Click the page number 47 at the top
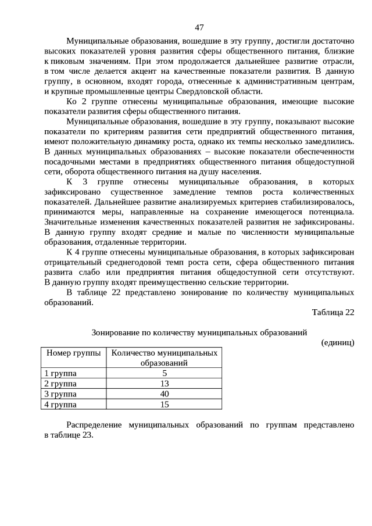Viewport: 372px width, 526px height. [x=199, y=27]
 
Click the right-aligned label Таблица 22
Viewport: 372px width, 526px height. [x=332, y=312]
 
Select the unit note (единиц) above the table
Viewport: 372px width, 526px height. [x=337, y=342]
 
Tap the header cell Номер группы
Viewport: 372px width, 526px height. [x=73, y=353]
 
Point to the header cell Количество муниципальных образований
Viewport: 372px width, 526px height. [x=164, y=357]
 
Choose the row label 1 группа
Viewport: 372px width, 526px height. [x=60, y=373]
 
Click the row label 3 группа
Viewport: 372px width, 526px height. [x=60, y=393]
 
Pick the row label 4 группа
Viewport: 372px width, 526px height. [x=60, y=404]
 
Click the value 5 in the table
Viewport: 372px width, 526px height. [x=164, y=373]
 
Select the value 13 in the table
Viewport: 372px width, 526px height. [x=164, y=383]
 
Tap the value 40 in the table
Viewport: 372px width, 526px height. [x=164, y=393]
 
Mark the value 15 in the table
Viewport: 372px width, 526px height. [x=164, y=404]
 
